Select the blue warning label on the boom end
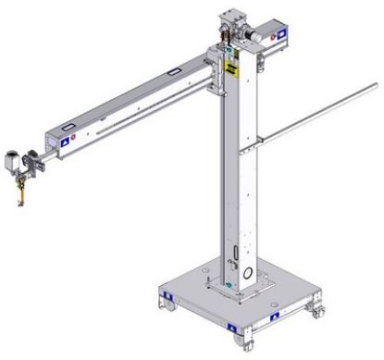point(65,143)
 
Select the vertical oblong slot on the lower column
point(235,254)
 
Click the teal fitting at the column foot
point(229,286)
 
